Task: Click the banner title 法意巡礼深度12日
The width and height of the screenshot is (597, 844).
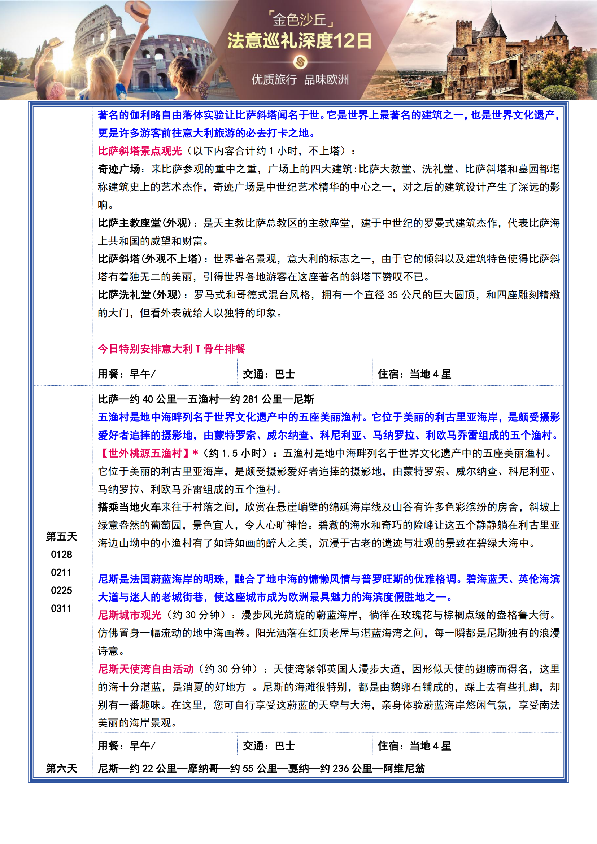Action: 299,41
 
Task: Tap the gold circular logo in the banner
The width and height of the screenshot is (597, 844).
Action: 300,62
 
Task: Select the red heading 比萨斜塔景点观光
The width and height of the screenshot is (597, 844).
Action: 140,151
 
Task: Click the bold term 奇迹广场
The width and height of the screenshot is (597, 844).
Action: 119,169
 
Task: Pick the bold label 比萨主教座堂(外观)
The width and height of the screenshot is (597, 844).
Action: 144,223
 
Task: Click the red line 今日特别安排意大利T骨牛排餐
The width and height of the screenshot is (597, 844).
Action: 171,349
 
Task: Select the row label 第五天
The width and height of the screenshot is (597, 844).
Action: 61,536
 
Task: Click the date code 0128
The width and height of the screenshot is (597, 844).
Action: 61,554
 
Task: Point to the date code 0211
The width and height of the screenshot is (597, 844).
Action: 61,572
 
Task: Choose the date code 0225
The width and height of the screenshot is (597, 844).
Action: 61,590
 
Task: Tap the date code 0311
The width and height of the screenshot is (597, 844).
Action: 61,608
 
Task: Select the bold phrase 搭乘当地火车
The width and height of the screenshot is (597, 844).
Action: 129,507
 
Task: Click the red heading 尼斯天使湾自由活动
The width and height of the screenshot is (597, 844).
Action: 145,669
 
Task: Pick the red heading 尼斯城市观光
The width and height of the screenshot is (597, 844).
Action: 130,615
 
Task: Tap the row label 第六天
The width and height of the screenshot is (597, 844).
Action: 61,768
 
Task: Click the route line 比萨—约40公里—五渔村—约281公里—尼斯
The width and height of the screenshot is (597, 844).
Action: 206,399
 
